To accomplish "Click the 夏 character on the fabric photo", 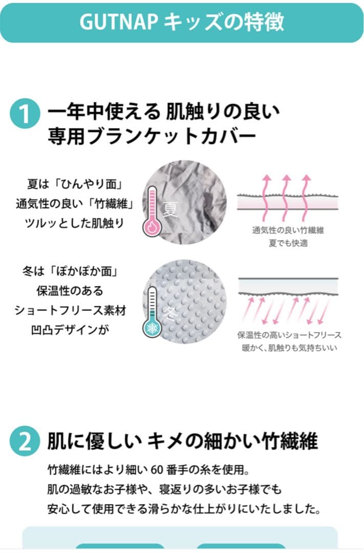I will tap(170, 209).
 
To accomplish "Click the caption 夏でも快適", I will tap(288, 244).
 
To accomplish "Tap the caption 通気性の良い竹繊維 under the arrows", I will tap(288, 230).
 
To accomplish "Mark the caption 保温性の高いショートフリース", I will tap(289, 335).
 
